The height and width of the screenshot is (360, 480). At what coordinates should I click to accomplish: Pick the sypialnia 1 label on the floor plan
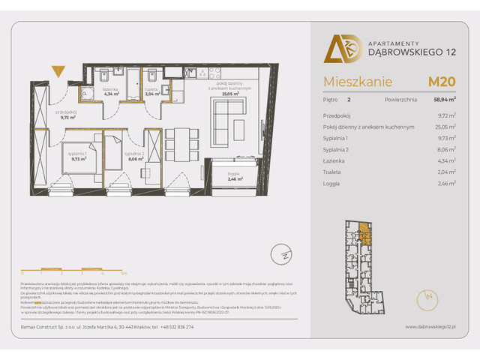(x=79, y=156)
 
